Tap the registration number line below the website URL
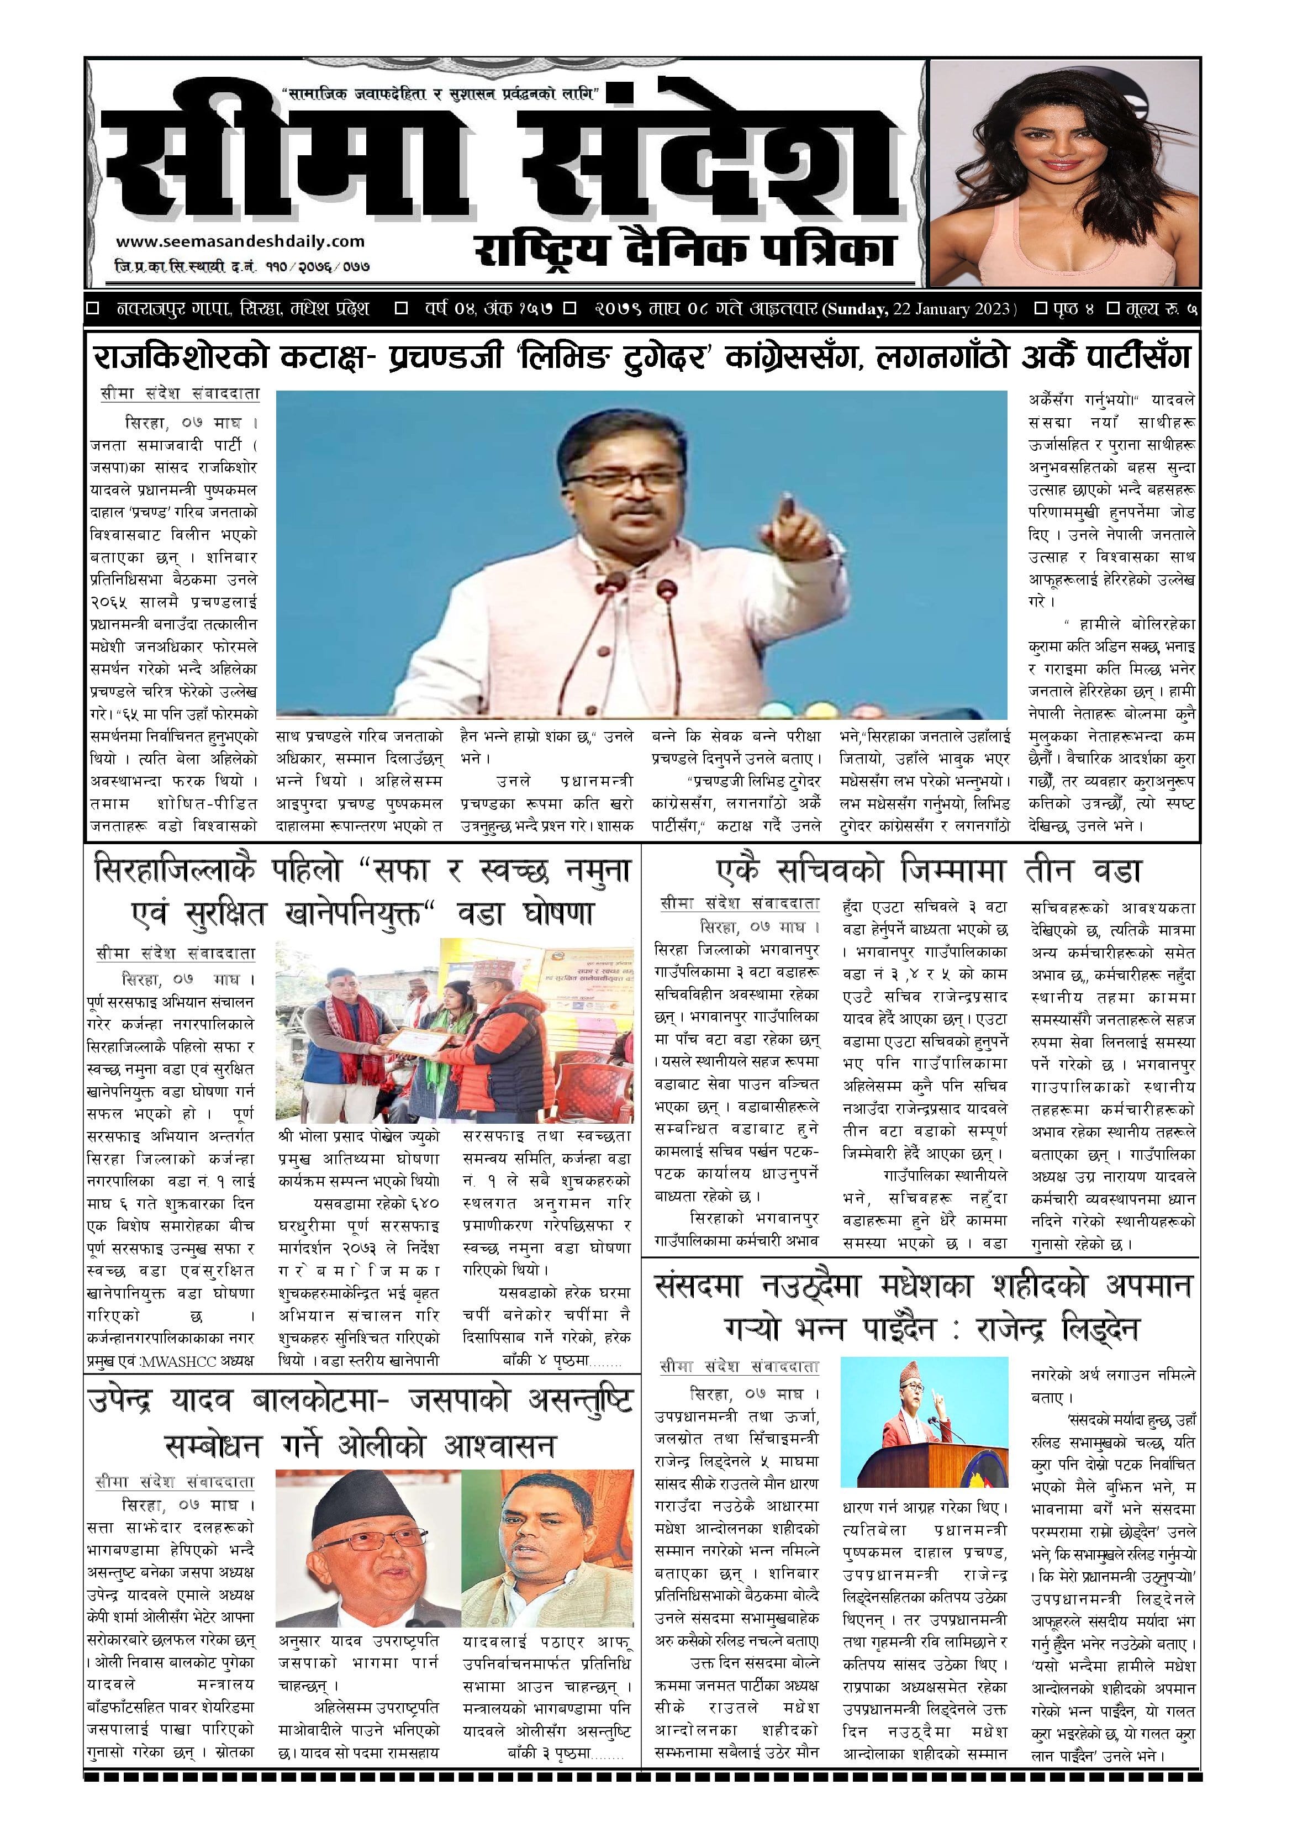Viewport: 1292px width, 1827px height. [x=242, y=268]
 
